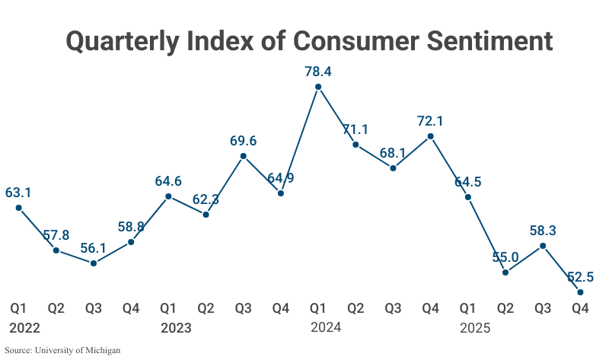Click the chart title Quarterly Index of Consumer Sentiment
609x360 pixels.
click(308, 40)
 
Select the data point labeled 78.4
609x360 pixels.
click(318, 86)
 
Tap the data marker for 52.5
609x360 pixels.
click(580, 292)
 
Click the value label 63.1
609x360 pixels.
click(18, 193)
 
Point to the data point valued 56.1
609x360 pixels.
click(94, 263)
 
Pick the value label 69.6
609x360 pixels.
click(243, 141)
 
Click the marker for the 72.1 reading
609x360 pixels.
click(431, 136)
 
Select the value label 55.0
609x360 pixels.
click(505, 257)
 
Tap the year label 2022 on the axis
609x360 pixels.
click(24, 329)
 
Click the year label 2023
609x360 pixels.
click(176, 329)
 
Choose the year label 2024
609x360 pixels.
click(326, 328)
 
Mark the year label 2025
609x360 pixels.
click(476, 329)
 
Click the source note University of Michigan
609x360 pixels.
click(63, 351)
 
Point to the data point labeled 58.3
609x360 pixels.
click(543, 246)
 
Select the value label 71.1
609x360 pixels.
click(356, 129)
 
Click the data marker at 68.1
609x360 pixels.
click(393, 167)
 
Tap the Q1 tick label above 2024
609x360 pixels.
click(318, 308)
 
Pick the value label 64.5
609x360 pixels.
click(468, 182)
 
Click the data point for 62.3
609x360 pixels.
click(206, 215)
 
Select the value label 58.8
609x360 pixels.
click(131, 227)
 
